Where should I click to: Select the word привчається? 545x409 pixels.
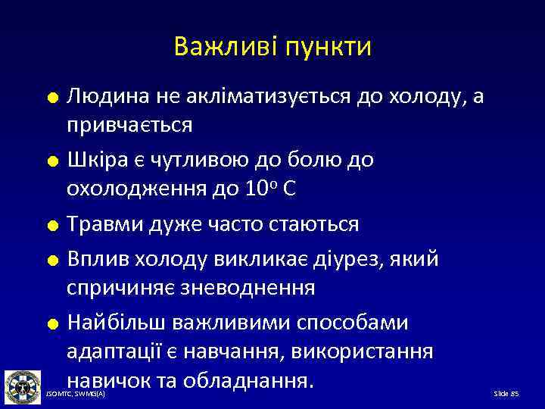(129, 124)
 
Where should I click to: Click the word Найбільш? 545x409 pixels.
(117, 323)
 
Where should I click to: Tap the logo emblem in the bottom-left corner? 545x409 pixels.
(23, 387)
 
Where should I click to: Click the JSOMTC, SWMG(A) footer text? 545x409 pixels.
(76, 395)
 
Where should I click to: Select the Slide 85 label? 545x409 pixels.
(506, 395)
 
